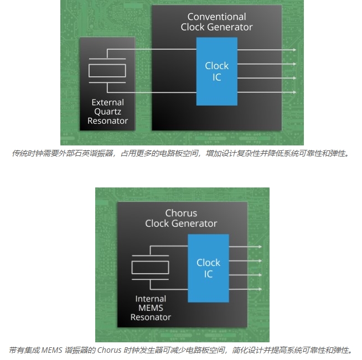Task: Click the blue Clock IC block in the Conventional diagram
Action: tap(216, 71)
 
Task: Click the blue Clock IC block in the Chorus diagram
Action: tap(208, 268)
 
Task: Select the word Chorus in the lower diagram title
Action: tap(181, 213)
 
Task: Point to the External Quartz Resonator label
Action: tap(107, 111)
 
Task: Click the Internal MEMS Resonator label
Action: tap(151, 308)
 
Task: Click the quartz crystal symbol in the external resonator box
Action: tap(107, 71)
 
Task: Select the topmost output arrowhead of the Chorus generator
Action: tap(260, 247)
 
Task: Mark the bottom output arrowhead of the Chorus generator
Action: tap(260, 289)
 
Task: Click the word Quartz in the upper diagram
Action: tap(107, 111)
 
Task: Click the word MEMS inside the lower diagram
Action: tap(151, 308)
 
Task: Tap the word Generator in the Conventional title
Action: tap(232, 27)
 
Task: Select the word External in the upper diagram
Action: tap(107, 102)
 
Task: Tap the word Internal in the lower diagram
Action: tap(151, 299)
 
